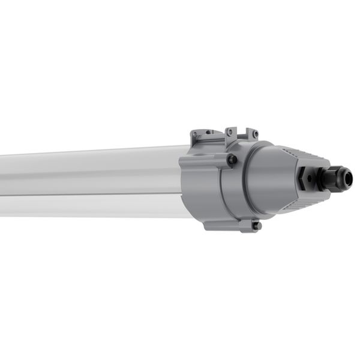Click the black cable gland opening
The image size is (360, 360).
coord(349,178)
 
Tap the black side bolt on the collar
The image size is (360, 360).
coord(232,160)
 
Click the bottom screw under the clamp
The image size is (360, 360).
coord(256,226)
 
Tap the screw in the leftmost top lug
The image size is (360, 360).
coord(208,133)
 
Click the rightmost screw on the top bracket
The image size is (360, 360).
coord(254,134)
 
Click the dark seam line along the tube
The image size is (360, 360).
coord(90,196)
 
